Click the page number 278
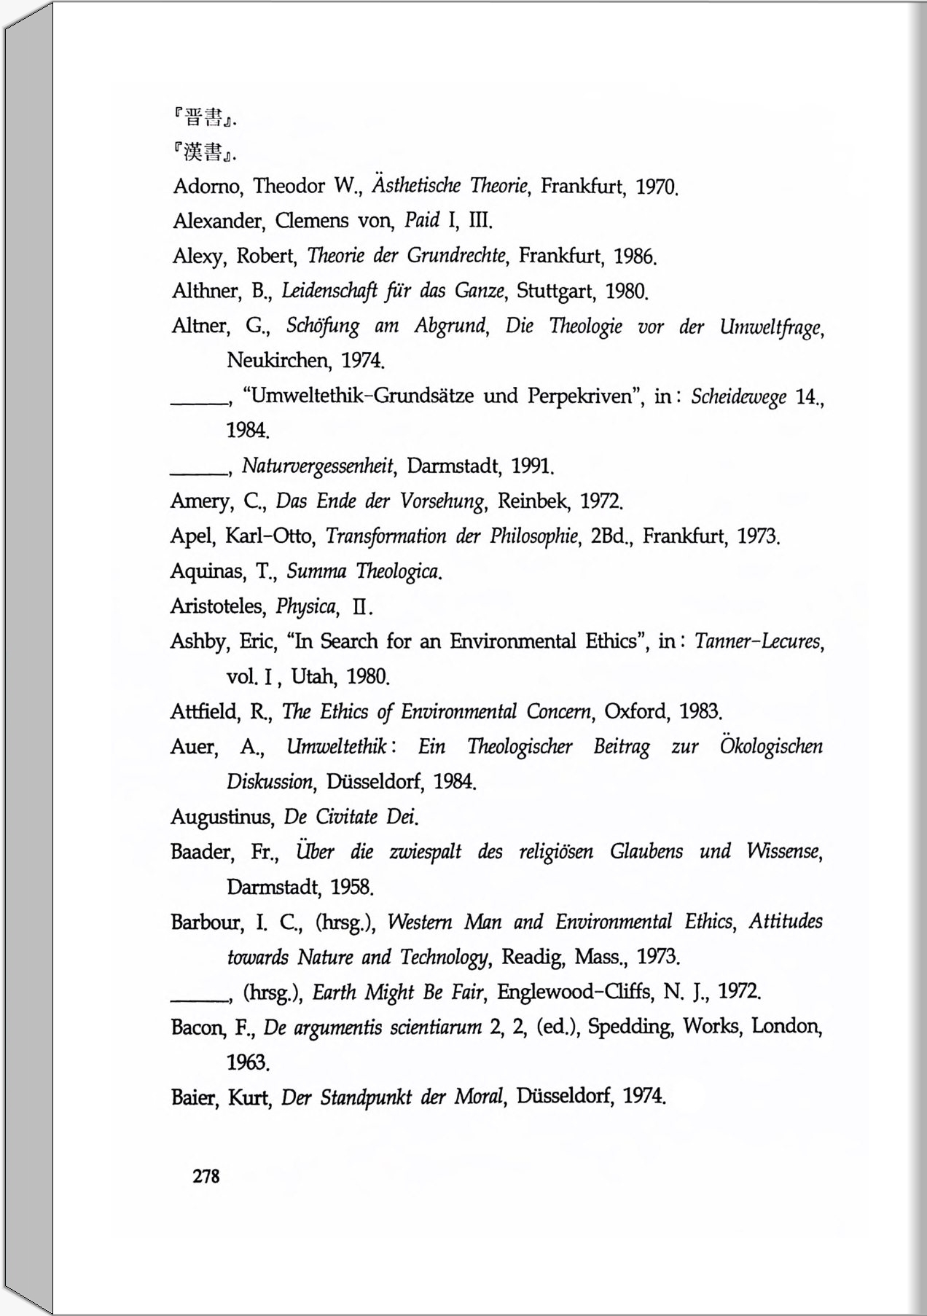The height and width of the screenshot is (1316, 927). pyautogui.click(x=206, y=1176)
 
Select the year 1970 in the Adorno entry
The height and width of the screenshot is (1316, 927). pyautogui.click(x=657, y=187)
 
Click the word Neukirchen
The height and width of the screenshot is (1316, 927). pyautogui.click(x=278, y=360)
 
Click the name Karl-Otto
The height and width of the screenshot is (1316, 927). pyautogui.click(x=269, y=536)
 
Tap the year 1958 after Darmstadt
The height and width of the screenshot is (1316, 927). pyautogui.click(x=351, y=887)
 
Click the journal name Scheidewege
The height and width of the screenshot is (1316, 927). pyautogui.click(x=738, y=396)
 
